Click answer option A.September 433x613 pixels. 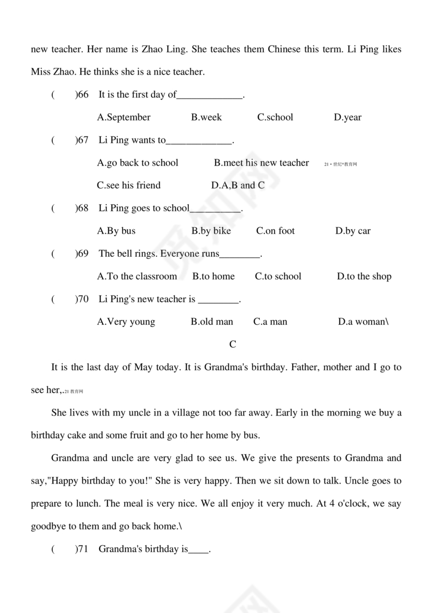click(x=124, y=117)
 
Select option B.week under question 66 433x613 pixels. click(x=206, y=117)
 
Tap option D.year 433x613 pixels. click(x=347, y=117)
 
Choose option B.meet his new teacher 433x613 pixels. click(x=261, y=163)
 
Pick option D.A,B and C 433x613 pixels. click(x=238, y=185)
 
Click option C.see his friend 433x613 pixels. click(x=129, y=185)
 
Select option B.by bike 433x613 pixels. click(x=211, y=231)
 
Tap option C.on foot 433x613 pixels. click(x=275, y=231)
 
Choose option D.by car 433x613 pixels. click(x=353, y=231)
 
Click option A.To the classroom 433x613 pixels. click(x=137, y=276)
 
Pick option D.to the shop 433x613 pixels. click(x=364, y=276)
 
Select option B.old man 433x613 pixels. click(x=212, y=322)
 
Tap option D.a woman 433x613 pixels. click(x=363, y=322)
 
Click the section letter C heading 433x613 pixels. click(x=233, y=345)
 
